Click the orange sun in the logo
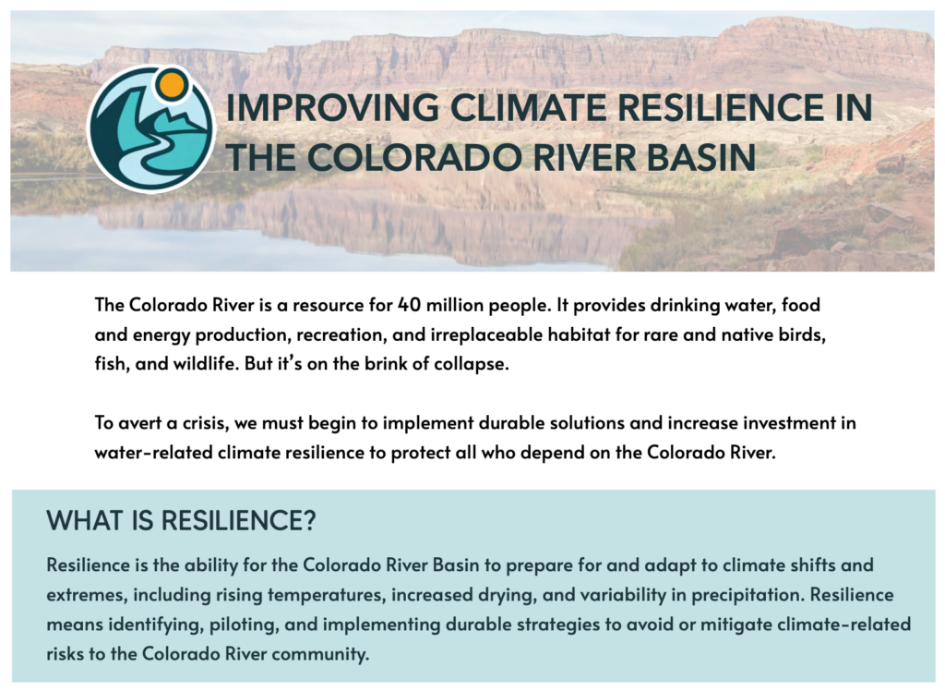pyautogui.click(x=172, y=86)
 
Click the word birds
pyautogui.click(x=795, y=334)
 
